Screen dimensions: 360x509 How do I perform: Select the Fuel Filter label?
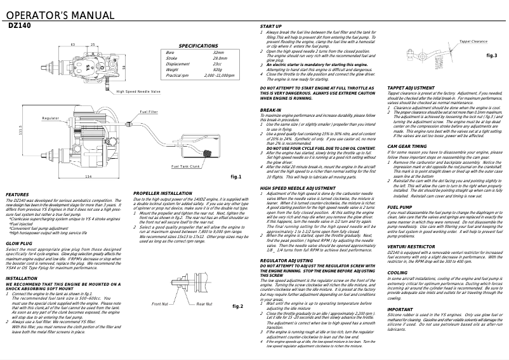point(149,112)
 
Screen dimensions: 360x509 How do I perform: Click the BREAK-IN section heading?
point(271,109)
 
